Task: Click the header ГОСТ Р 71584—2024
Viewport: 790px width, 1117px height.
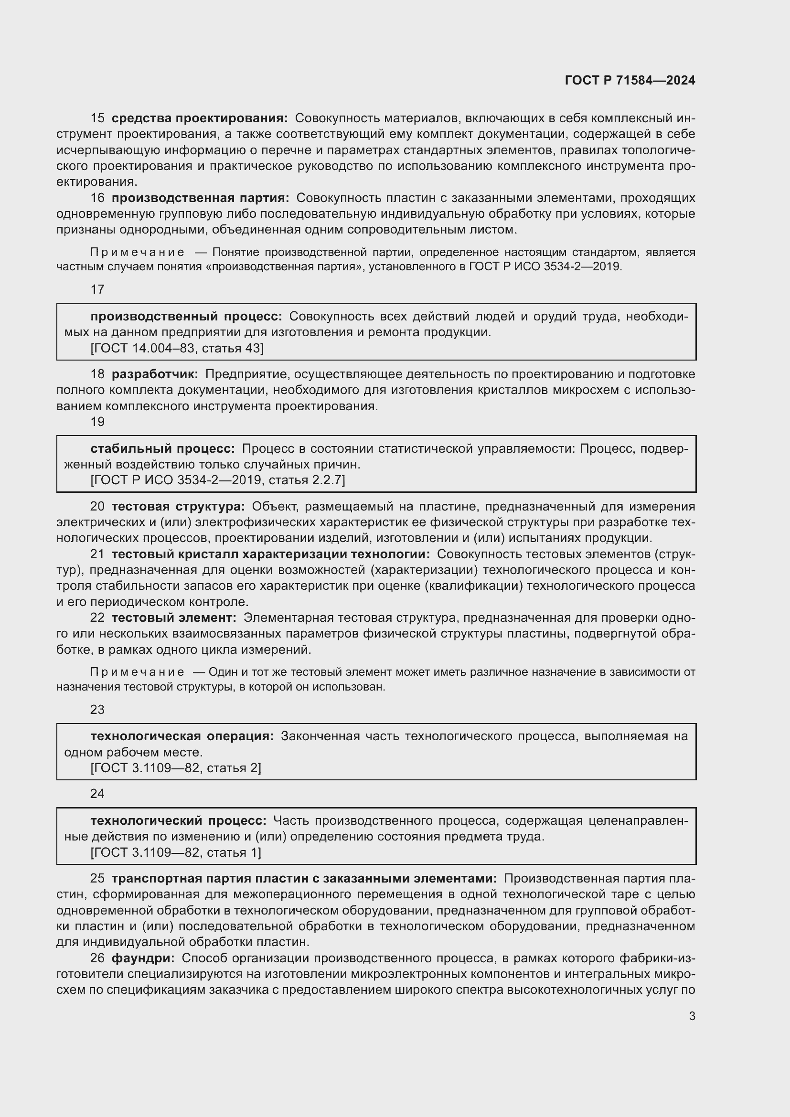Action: coord(630,80)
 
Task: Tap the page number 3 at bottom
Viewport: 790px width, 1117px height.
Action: coord(692,1016)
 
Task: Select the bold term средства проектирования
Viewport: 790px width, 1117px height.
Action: coord(200,118)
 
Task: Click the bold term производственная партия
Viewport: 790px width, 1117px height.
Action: coord(200,198)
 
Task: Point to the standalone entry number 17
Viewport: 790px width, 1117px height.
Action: coord(97,289)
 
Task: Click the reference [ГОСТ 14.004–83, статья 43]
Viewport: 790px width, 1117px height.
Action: coord(177,348)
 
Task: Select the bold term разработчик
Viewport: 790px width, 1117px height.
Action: coord(155,374)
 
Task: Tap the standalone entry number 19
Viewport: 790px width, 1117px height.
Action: coord(97,422)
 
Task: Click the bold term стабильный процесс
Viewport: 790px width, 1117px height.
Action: coord(162,448)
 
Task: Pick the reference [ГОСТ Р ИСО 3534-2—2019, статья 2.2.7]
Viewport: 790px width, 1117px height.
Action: coord(217,480)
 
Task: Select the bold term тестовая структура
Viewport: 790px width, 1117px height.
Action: coord(178,506)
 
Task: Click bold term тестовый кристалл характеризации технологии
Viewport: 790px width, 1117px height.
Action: coord(270,554)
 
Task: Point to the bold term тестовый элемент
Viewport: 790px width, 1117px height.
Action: coord(174,618)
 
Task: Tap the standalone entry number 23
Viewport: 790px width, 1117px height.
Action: coord(97,710)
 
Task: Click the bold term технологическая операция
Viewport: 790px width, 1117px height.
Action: coord(182,736)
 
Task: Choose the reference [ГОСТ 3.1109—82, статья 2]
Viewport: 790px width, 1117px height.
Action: coord(176,768)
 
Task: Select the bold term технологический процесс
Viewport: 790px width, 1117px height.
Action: coord(178,821)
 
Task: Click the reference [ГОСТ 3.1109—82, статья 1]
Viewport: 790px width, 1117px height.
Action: coord(176,852)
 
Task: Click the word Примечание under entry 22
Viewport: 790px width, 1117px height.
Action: coord(137,672)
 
